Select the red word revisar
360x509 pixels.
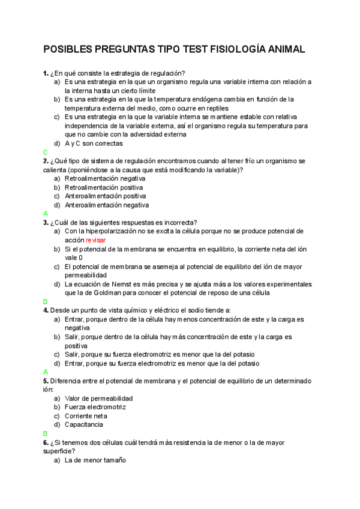pos(95,239)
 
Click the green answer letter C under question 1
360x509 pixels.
pos(45,152)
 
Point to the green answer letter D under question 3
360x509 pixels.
pos(45,301)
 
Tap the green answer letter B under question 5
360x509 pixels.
pos(45,433)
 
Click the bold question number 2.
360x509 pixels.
pos(45,161)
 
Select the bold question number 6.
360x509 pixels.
pos(45,442)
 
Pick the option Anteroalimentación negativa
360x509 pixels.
pos(107,205)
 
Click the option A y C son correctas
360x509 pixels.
pos(94,143)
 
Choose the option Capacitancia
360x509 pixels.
pos(84,424)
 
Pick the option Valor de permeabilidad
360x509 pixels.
pos(98,398)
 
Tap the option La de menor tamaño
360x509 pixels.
pos(95,460)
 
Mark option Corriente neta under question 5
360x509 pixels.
pos(86,415)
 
